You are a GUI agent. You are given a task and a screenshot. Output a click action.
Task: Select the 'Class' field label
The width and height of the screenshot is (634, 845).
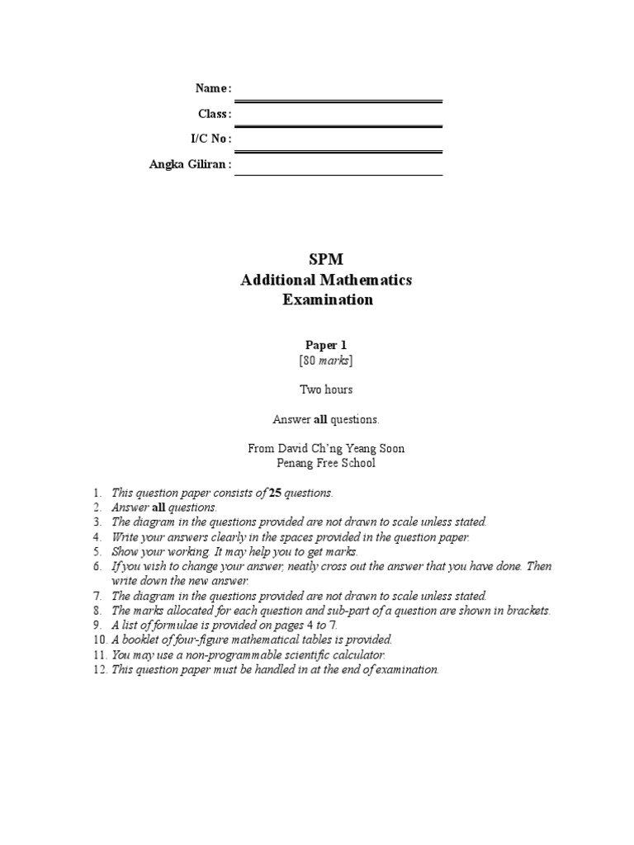point(213,114)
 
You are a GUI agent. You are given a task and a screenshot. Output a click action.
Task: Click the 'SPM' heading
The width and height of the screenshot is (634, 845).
point(325,260)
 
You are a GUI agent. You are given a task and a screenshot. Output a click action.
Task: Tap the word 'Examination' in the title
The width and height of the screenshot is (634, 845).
point(328,300)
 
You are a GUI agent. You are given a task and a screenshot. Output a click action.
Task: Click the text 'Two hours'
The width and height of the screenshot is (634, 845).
point(325,389)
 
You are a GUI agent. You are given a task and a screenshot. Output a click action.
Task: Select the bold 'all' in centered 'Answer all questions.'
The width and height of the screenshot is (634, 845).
point(320,419)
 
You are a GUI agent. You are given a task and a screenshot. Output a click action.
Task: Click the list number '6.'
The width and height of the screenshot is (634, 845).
point(97,566)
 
